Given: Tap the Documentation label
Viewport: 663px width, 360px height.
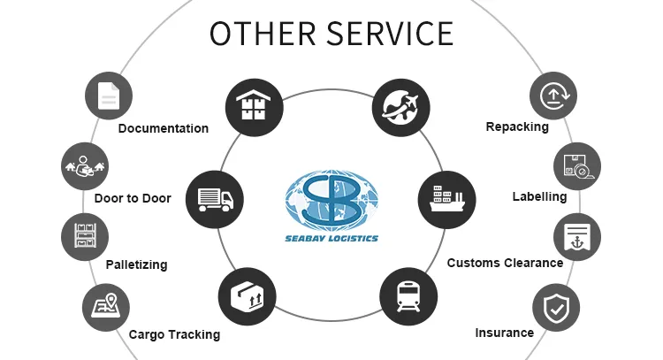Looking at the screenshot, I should pos(163,128).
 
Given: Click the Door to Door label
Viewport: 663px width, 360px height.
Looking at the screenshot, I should pos(133,198).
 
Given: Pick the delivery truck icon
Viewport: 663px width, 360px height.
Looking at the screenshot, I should pos(215,199).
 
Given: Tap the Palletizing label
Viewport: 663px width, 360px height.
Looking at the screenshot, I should pos(136,264).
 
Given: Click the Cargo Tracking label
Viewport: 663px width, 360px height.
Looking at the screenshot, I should pos(174,334).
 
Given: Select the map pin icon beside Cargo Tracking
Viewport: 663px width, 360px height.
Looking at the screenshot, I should pos(105,307).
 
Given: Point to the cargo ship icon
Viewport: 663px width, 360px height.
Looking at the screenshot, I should pos(446,199).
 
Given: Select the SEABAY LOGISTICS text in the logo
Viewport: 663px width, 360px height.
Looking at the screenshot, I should pos(332,237).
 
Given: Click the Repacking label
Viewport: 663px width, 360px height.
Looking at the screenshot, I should pos(517,126).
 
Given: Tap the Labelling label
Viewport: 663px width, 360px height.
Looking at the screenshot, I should pos(538,195).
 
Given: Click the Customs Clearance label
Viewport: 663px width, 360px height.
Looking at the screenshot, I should pos(505,263).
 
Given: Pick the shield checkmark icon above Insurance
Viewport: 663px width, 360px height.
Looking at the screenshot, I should pos(556,307).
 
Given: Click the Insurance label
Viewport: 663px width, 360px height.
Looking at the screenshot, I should pos(504,333).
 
